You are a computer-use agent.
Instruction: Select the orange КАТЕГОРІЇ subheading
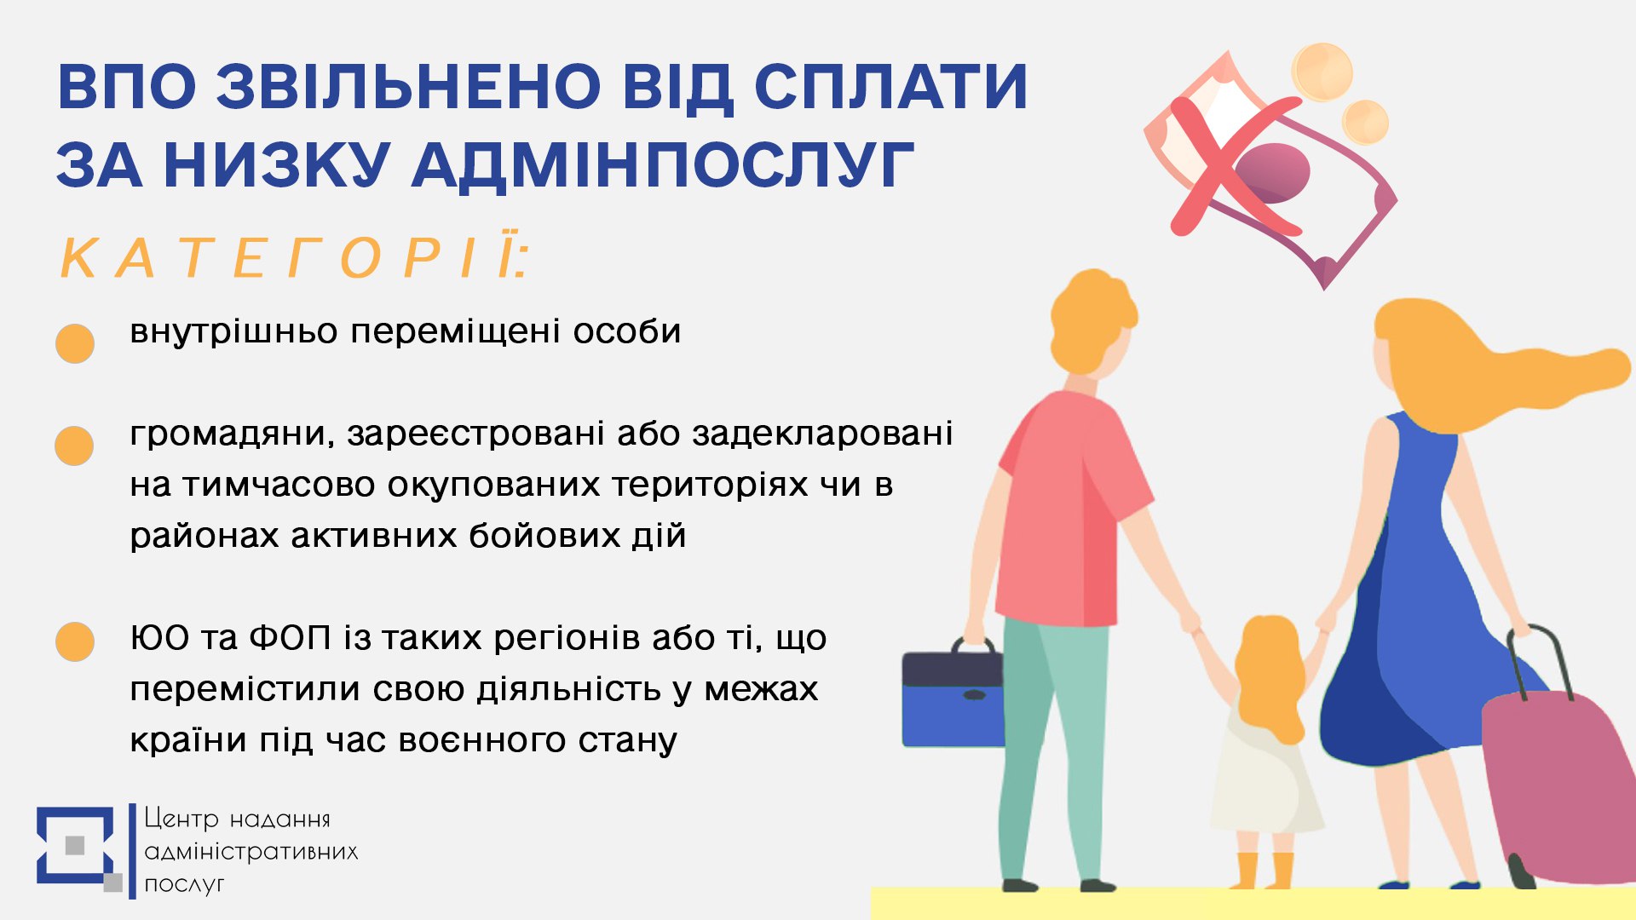(295, 257)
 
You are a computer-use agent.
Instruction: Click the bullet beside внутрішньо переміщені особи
(75, 343)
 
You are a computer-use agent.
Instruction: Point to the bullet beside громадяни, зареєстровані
(74, 446)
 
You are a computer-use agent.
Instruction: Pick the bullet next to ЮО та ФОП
(75, 641)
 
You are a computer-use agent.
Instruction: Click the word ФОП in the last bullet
(290, 638)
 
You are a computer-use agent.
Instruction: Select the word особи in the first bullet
(626, 331)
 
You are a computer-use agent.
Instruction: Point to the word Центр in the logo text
(181, 819)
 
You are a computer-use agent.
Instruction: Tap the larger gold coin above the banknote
(1322, 72)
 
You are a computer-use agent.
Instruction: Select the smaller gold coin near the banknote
(1365, 122)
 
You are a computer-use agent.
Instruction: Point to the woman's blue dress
(1414, 596)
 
